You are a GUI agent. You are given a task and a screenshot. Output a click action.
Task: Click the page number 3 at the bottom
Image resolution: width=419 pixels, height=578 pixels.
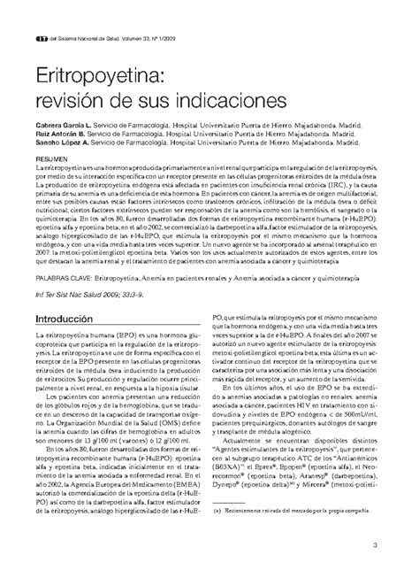[x=400, y=543]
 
